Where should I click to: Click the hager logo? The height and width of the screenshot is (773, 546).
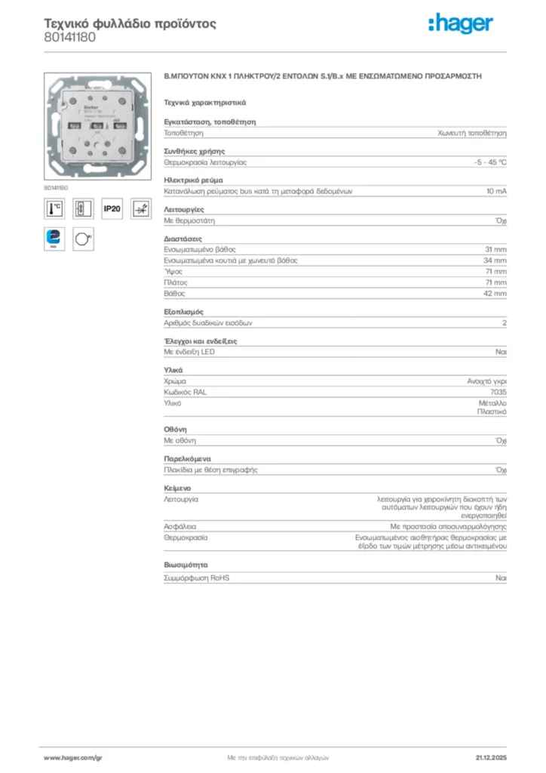(461, 24)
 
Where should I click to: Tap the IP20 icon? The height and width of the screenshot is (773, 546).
(112, 209)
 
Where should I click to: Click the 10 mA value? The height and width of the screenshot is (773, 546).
(496, 192)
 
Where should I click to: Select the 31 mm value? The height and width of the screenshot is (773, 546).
(495, 249)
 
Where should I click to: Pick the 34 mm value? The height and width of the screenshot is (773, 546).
(495, 260)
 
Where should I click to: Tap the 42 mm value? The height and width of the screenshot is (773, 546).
(495, 293)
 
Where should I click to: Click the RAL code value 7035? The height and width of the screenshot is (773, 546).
(498, 393)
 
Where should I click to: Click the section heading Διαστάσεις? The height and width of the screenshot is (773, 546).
(183, 239)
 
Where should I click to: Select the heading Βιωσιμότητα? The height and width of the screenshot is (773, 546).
(186, 565)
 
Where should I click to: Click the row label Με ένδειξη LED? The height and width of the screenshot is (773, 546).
(189, 353)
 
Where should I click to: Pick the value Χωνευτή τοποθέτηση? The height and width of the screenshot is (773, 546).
(473, 133)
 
